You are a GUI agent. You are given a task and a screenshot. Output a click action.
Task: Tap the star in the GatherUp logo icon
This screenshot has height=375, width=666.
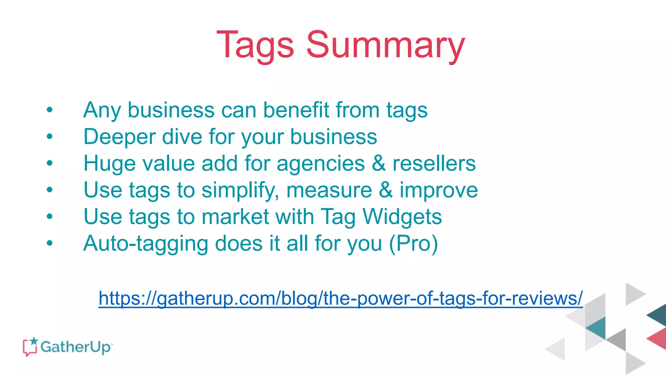[34, 341]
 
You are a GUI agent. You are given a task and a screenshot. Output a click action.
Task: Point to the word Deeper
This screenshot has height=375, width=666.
[119, 137]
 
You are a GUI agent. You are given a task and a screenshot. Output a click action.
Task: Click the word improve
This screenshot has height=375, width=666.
[439, 190]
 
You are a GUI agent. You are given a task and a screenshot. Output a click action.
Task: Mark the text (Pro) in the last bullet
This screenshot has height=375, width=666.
[414, 243]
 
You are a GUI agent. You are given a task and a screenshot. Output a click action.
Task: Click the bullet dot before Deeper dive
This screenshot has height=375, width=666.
[49, 136]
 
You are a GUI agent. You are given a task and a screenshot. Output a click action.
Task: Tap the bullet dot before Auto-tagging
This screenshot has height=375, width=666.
[49, 243]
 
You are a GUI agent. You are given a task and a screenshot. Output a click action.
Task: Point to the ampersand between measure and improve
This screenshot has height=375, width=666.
[386, 190]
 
